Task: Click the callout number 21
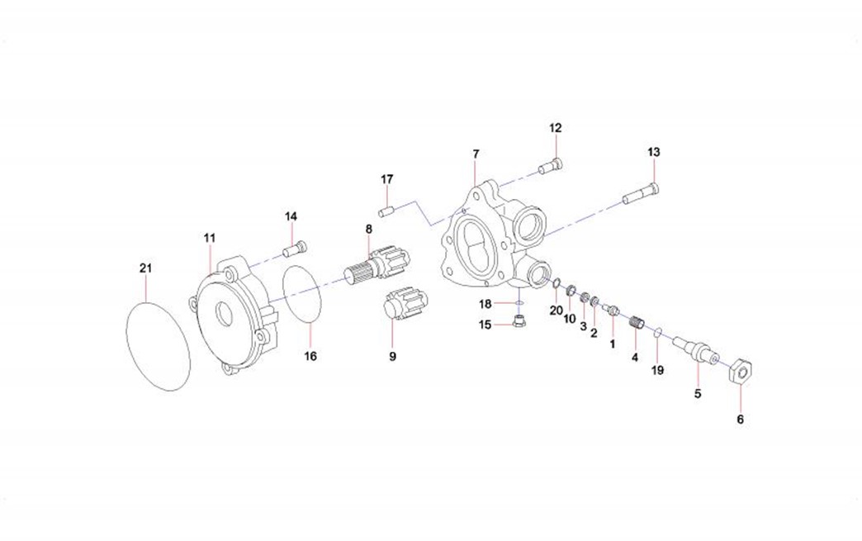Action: pyautogui.click(x=145, y=268)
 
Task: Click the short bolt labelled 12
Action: pyautogui.click(x=551, y=167)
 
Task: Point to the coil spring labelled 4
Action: pyautogui.click(x=635, y=325)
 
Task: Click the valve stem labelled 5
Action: pyautogui.click(x=692, y=348)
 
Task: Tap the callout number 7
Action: pyautogui.click(x=476, y=154)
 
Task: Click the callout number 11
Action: pyautogui.click(x=210, y=238)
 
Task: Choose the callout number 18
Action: pyautogui.click(x=486, y=304)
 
